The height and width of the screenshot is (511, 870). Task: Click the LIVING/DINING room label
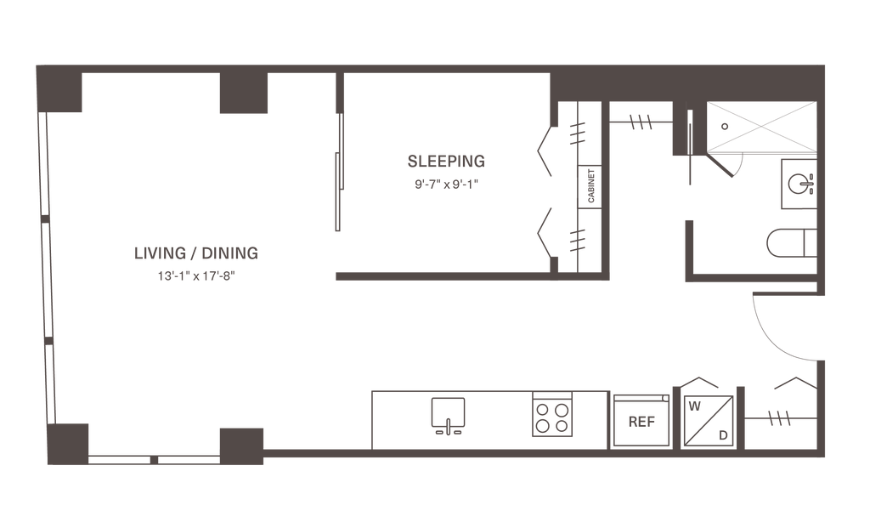[x=195, y=253]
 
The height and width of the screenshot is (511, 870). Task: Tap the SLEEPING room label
[x=445, y=160]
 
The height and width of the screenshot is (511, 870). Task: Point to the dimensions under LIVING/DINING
[x=195, y=275]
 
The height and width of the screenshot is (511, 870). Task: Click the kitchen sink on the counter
[x=447, y=414]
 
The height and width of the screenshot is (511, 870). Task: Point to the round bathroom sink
[x=799, y=181]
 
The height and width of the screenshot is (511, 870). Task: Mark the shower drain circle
[x=723, y=125]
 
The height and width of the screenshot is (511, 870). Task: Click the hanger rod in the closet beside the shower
[x=640, y=122]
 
